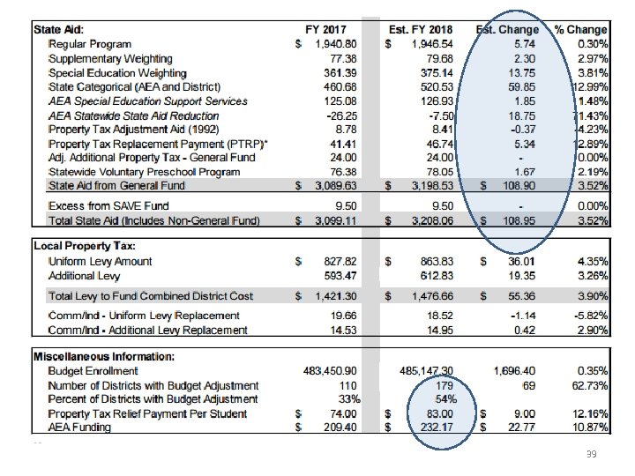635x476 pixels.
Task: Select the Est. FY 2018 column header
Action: click(422, 29)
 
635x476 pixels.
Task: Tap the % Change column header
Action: click(580, 29)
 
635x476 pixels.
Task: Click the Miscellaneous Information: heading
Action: click(103, 356)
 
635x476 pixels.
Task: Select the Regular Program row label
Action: click(90, 43)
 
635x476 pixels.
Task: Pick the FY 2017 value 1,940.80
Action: click(335, 43)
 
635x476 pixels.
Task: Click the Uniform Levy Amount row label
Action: click(100, 261)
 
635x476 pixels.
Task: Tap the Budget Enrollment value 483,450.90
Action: click(326, 371)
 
